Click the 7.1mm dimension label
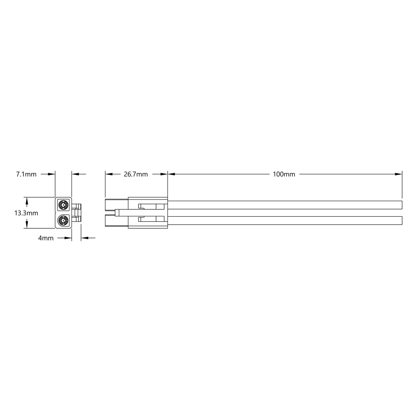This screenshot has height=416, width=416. click(x=26, y=174)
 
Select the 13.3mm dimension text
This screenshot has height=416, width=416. click(x=26, y=213)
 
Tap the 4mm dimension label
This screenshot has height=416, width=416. click(x=46, y=238)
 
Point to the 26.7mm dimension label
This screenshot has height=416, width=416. click(x=136, y=174)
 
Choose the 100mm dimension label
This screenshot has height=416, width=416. click(x=284, y=174)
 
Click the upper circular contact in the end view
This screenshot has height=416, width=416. click(x=63, y=205)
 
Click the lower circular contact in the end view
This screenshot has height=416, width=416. click(x=63, y=221)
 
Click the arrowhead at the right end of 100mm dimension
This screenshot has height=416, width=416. click(x=399, y=174)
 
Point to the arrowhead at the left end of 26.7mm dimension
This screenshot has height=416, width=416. click(x=109, y=174)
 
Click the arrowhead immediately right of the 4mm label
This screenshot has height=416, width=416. click(x=68, y=238)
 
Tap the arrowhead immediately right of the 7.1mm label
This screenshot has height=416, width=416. click(x=52, y=174)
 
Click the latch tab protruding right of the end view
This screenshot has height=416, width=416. click(x=77, y=213)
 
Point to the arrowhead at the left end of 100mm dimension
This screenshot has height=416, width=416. click(x=171, y=174)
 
